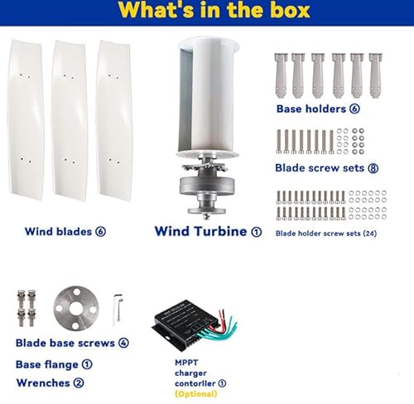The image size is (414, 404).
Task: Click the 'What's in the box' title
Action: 214,11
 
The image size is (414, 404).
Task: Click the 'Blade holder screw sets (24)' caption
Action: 326,233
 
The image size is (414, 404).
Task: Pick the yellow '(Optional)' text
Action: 196,394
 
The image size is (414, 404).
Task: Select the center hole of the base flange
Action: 76,309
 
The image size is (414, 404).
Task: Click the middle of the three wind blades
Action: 70,121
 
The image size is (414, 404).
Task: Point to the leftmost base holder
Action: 282,76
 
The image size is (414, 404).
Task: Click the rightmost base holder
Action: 376,76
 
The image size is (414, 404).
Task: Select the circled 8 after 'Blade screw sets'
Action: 373,168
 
